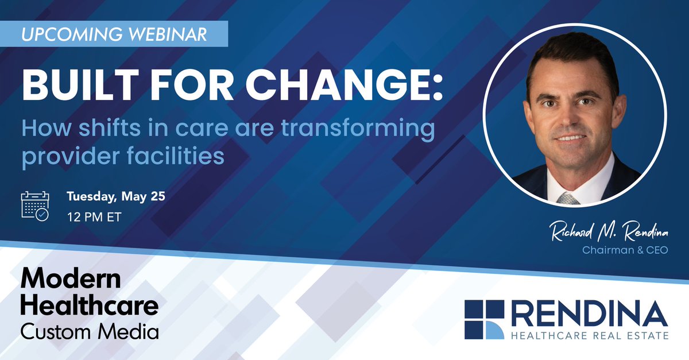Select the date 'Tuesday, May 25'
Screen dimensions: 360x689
pyautogui.click(x=116, y=197)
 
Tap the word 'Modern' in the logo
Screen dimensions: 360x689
pyautogui.click(x=71, y=280)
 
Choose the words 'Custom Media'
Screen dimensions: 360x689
pyautogui.click(x=89, y=331)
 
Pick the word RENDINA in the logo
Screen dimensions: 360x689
pyautogui.click(x=589, y=315)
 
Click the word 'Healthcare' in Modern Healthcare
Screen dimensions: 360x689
pyautogui.click(x=89, y=305)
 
